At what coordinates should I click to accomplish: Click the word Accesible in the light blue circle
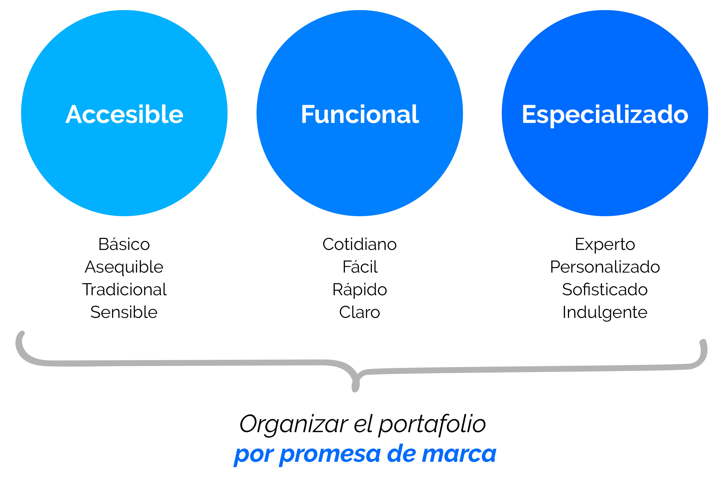click(x=124, y=114)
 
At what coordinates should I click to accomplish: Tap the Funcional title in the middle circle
click(x=360, y=114)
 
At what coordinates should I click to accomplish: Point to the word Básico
click(x=124, y=244)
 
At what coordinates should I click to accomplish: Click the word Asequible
click(x=124, y=267)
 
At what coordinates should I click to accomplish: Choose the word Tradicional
click(x=124, y=289)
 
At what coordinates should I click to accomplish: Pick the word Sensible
click(x=124, y=312)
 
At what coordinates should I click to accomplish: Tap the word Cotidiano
click(x=360, y=244)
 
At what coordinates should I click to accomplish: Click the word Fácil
click(x=360, y=267)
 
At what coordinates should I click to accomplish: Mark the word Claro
click(x=360, y=312)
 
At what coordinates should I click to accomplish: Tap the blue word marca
click(x=459, y=454)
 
